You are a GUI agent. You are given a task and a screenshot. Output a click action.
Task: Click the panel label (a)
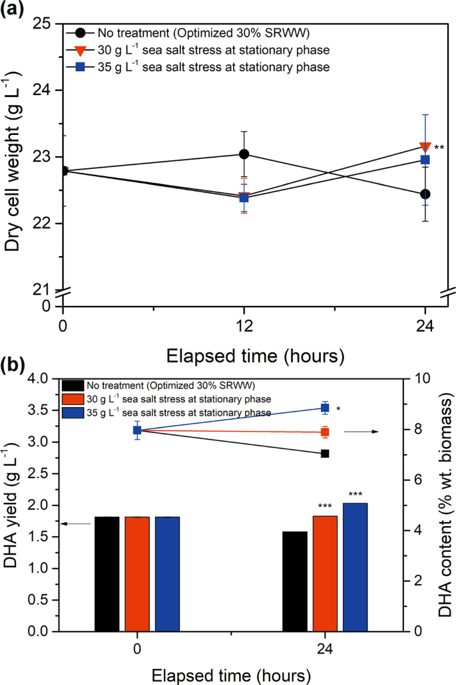click(15, 11)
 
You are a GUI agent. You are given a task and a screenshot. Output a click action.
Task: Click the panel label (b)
click(15, 366)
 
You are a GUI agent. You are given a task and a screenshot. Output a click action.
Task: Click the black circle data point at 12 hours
click(244, 154)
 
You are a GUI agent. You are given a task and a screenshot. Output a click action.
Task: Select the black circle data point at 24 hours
click(425, 194)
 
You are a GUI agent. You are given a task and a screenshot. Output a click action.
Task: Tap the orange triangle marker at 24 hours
click(425, 147)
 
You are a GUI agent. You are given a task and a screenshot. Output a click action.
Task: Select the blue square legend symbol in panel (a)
click(78, 67)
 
